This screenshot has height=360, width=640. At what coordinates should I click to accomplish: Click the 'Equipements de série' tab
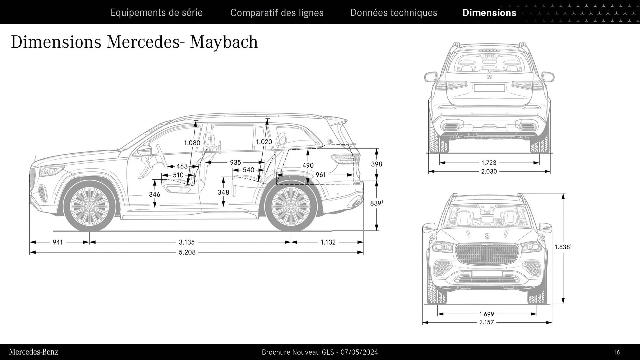point(156,13)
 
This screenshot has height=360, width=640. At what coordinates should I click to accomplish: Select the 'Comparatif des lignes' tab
point(277,13)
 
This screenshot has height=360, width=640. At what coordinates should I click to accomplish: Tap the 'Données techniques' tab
point(393,13)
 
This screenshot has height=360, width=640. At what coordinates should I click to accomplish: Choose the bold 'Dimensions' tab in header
point(489,13)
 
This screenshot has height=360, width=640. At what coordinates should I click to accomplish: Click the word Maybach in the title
point(224,42)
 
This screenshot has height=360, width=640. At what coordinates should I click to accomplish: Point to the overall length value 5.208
point(187,252)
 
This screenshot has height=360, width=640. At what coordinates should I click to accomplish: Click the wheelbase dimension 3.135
point(187,242)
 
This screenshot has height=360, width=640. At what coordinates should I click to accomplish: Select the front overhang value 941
point(58,242)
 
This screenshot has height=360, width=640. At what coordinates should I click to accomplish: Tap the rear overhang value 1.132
point(328,242)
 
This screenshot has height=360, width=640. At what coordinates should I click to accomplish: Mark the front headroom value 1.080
point(192,143)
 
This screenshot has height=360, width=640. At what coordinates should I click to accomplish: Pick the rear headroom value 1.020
point(264,142)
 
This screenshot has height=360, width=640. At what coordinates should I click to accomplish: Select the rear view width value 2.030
point(489,171)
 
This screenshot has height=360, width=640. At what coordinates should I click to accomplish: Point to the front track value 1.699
point(486,314)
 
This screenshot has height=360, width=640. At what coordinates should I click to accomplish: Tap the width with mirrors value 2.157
point(486,322)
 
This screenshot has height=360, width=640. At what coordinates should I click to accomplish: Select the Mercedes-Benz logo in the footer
point(33,352)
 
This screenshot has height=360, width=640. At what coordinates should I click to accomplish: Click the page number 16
point(616,352)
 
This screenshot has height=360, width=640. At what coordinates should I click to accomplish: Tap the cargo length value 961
point(320,175)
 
